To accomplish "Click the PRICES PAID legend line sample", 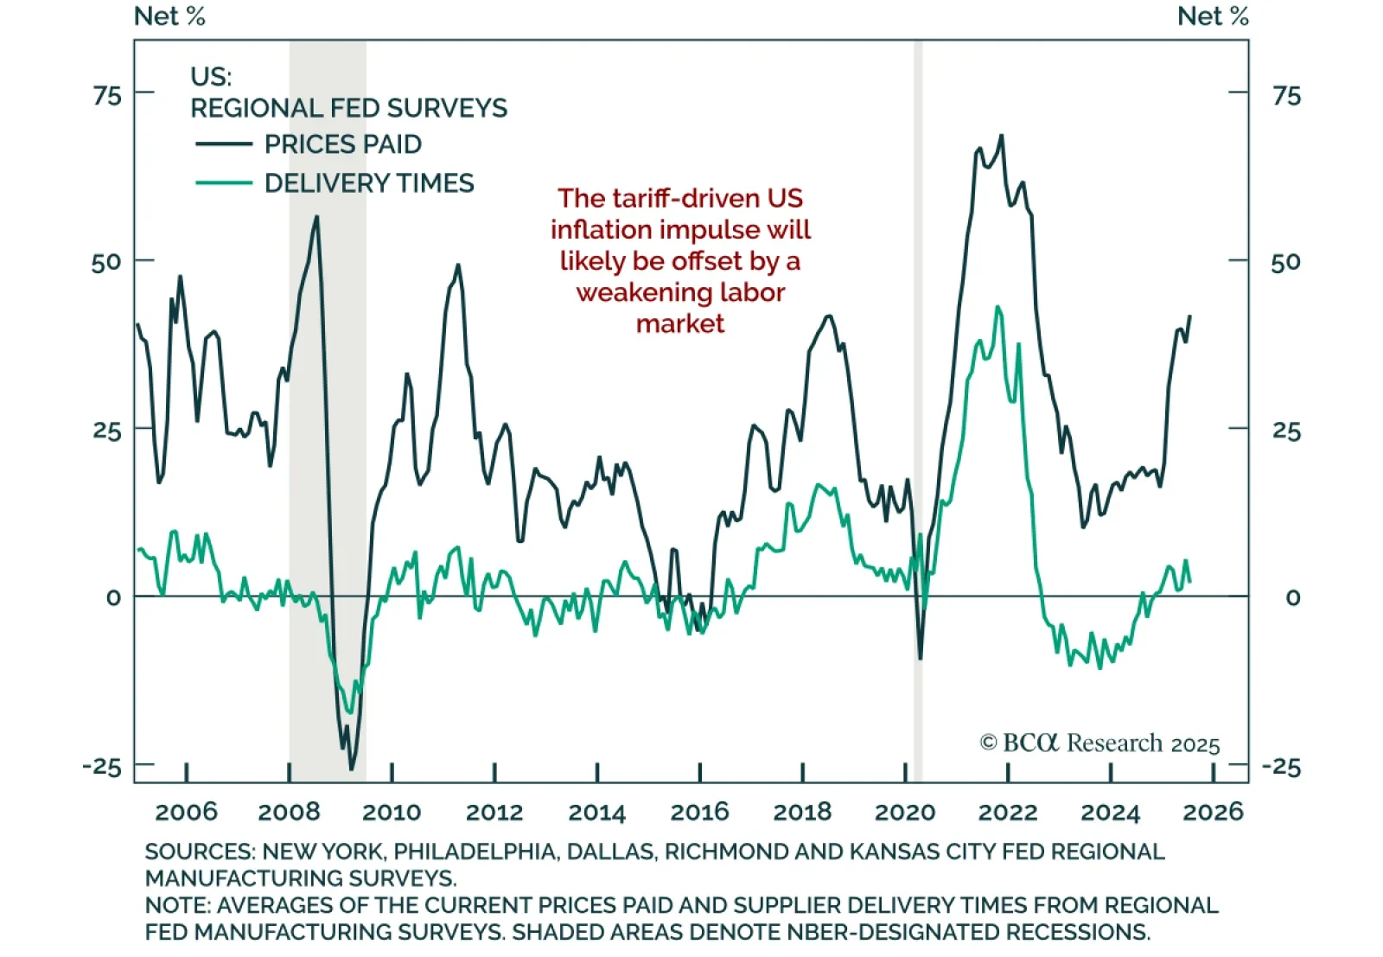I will coord(223,144).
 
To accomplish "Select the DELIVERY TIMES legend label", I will coord(369,183).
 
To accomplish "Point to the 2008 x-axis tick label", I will coord(289,812).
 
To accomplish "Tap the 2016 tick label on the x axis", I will coord(699,812).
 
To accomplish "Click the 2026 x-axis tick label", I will coord(1213,812).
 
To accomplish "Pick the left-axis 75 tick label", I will coord(107,94).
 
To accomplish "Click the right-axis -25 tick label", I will coord(1281,767).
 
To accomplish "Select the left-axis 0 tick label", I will coord(113,597).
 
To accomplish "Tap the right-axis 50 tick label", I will coord(1285,262).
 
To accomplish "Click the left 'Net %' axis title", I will coord(169,16).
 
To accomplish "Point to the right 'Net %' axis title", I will coord(1213,16).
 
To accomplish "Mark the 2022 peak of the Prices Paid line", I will coord(1002,135).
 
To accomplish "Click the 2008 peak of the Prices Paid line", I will coord(317,216).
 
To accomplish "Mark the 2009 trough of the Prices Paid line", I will coord(351,769).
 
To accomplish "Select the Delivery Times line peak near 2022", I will coord(998,306).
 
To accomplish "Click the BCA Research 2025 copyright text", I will coord(1099,743).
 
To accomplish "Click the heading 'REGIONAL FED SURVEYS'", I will coord(348,108).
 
